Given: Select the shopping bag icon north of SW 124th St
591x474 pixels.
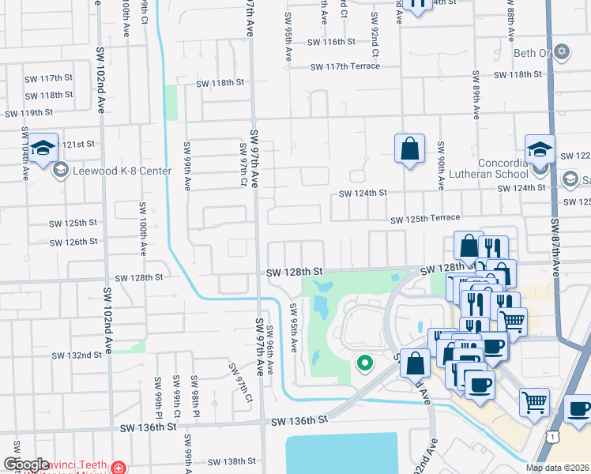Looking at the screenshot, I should pyautogui.click(x=409, y=149).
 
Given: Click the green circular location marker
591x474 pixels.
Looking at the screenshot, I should pyautogui.click(x=364, y=363).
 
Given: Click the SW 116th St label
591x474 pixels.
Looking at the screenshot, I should pyautogui.click(x=332, y=42).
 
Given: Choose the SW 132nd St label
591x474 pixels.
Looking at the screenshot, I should pyautogui.click(x=77, y=355).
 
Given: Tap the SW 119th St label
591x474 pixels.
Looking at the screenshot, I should pyautogui.click(x=29, y=113).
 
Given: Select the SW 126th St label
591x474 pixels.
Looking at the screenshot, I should pyautogui.click(x=73, y=242).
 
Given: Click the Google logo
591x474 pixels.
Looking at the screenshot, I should pyautogui.click(x=26, y=465).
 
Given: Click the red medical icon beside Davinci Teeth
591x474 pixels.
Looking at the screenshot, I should pyautogui.click(x=119, y=468).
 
